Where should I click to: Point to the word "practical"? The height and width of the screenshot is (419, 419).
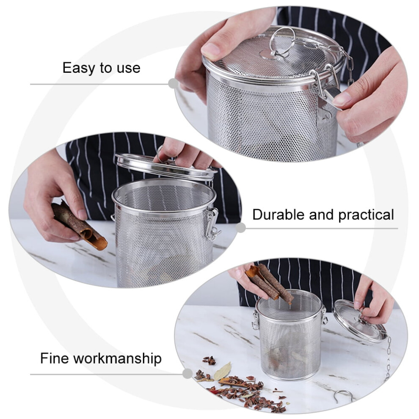point(366,215)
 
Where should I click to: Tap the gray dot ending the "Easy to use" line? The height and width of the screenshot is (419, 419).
point(174,83)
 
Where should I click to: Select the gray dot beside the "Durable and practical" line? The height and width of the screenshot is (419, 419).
point(240,227)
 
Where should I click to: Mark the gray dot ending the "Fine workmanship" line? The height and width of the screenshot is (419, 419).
point(187,373)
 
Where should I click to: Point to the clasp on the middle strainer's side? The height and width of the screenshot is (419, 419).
point(212,224)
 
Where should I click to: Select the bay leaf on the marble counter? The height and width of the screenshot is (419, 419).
point(222,371)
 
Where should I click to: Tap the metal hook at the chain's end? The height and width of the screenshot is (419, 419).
point(343,395)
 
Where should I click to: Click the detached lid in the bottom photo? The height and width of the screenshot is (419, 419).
point(360,321)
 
